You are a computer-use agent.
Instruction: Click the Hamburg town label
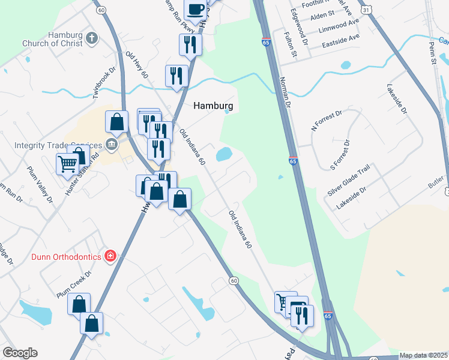(x=212, y=106)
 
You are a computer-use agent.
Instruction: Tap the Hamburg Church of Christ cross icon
(x=92, y=39)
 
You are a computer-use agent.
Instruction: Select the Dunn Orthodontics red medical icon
(x=110, y=257)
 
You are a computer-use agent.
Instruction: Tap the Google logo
(x=20, y=353)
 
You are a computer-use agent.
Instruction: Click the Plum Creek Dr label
(x=73, y=284)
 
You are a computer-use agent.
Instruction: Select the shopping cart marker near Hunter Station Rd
(x=68, y=163)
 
